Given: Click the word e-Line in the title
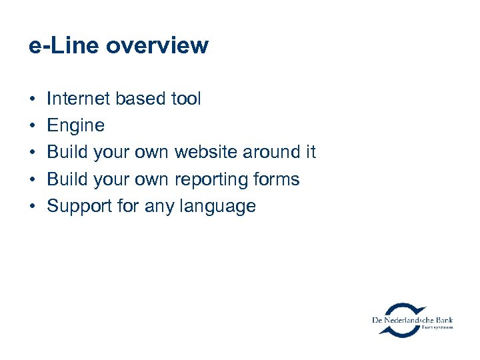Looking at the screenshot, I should coord(64,46).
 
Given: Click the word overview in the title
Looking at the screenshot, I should coord(157,46).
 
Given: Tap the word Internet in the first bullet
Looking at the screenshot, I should coord(79,99).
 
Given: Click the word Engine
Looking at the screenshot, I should coord(75,126).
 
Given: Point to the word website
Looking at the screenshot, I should coord(206,153).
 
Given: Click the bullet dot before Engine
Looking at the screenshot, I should coord(32,126).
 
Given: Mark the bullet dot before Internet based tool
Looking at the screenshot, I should coord(32,99).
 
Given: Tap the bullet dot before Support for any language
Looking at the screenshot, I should coord(32,207).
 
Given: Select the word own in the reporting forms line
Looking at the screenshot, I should coord(151,179).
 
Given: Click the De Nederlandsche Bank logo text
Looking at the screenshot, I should coord(412,321).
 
